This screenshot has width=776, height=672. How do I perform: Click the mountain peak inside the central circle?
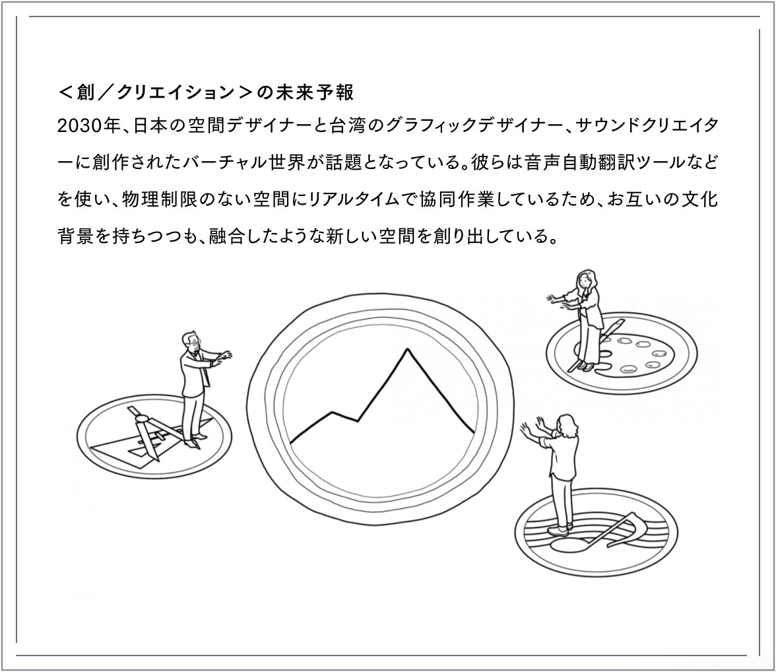[x=407, y=350]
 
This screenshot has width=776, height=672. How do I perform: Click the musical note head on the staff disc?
[x=568, y=545]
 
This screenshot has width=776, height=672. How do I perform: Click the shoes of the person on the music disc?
[x=560, y=530]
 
